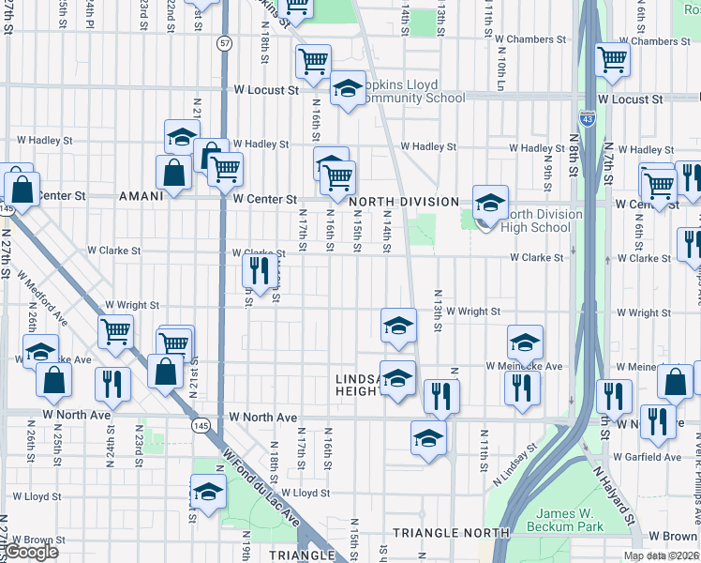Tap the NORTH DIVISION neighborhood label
[x=404, y=202]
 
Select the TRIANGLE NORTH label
[x=451, y=533]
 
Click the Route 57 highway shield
[x=224, y=43]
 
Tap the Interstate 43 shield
[x=587, y=119]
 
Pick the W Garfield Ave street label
[x=649, y=457]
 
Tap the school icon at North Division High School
[x=490, y=202]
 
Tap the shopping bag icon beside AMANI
[x=174, y=174]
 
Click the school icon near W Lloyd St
[x=208, y=492]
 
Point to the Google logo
[x=32, y=552]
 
